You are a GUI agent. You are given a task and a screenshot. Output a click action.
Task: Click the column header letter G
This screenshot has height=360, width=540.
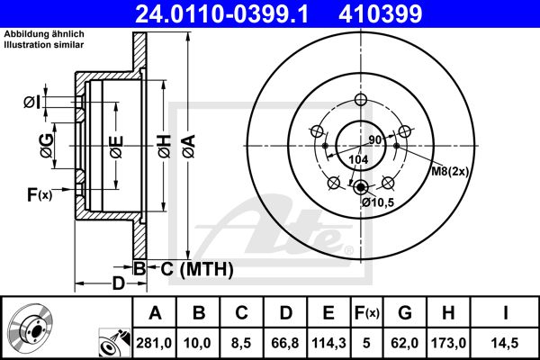click(x=404, y=314)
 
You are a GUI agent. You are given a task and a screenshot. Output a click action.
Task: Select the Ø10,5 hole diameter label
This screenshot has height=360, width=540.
click(x=379, y=202)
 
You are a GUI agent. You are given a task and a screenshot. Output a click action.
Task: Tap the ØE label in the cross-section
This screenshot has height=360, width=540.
click(x=116, y=144)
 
